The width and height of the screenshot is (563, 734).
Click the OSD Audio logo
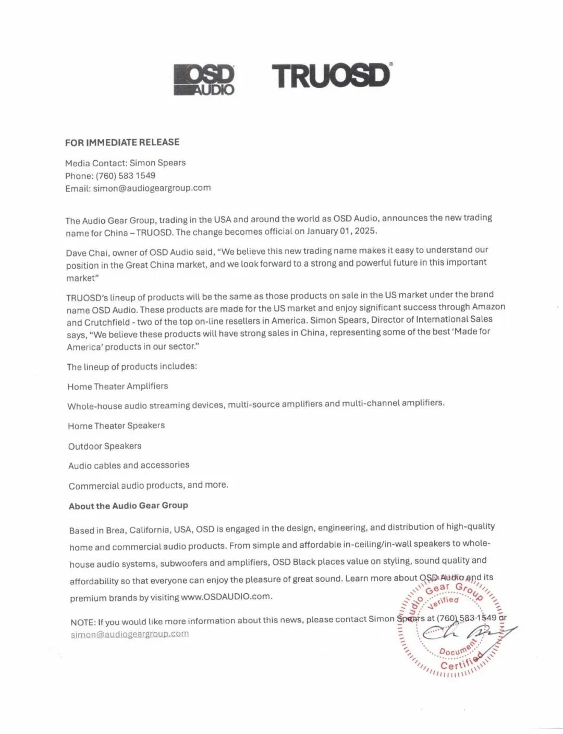click(204, 80)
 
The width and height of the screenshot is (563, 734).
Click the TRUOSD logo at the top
click(332, 76)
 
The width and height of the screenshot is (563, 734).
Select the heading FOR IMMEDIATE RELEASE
click(122, 142)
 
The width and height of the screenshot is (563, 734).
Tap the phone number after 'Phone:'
click(125, 176)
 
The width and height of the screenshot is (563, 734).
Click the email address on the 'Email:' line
click(152, 188)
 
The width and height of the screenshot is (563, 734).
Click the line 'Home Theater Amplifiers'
click(117, 387)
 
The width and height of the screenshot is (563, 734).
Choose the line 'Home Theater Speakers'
click(116, 426)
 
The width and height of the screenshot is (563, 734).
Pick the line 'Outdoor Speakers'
click(104, 446)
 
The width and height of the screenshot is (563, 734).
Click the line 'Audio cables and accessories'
click(129, 465)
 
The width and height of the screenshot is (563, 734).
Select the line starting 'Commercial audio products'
click(148, 486)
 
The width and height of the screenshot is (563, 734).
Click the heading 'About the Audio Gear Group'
click(128, 506)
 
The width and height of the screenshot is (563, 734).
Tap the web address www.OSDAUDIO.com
click(226, 596)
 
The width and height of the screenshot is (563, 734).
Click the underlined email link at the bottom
click(129, 634)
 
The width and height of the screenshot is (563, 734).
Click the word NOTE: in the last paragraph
click(83, 622)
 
